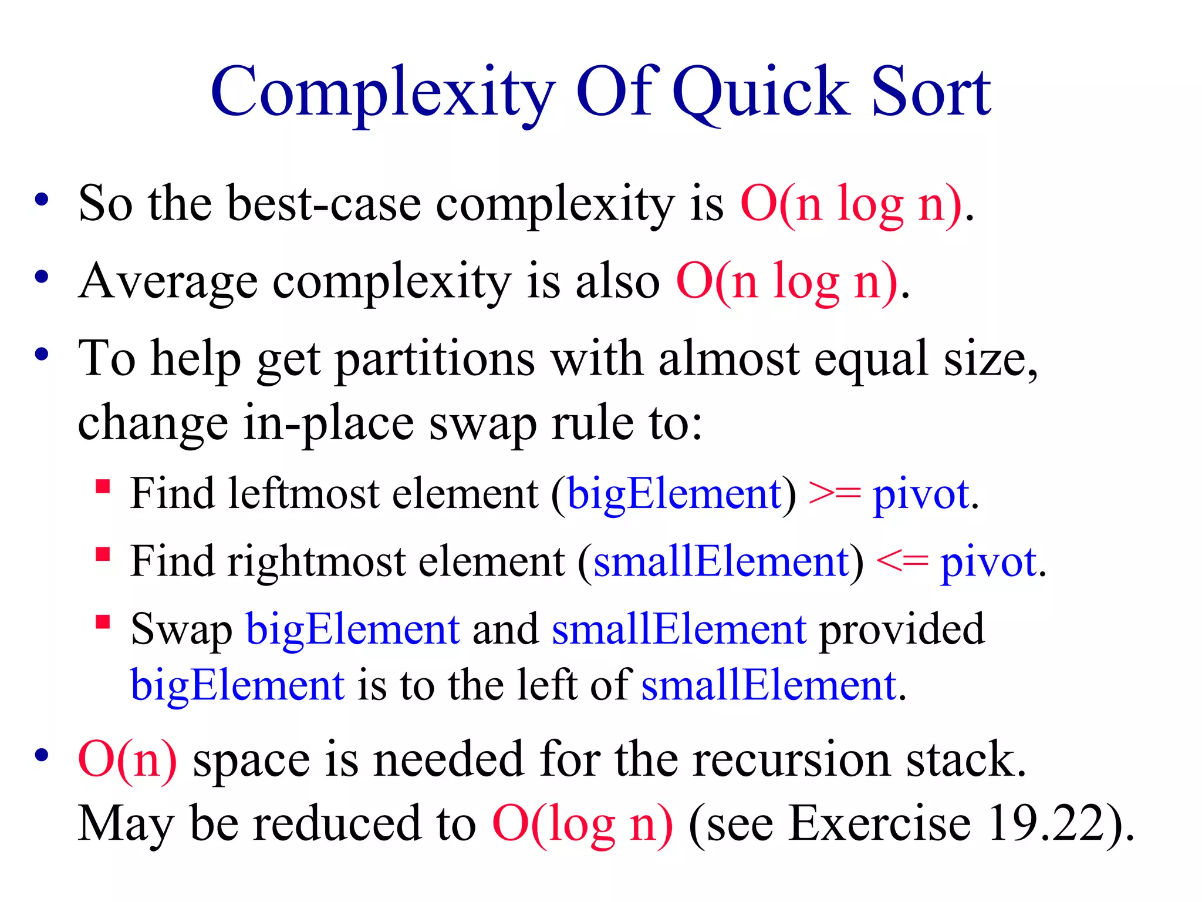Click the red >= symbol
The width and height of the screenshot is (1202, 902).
[834, 494]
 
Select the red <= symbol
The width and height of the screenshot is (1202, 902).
[902, 562]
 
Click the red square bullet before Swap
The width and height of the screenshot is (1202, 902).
[103, 622]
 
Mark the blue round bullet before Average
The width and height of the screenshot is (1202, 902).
[41, 276]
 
